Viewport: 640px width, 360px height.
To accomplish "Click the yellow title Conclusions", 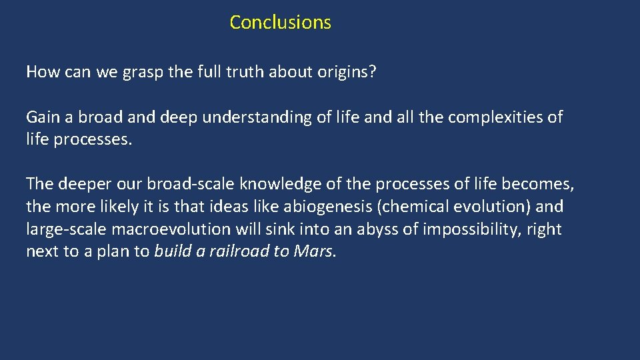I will (280, 22).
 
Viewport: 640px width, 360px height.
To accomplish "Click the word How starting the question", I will (42, 72).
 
